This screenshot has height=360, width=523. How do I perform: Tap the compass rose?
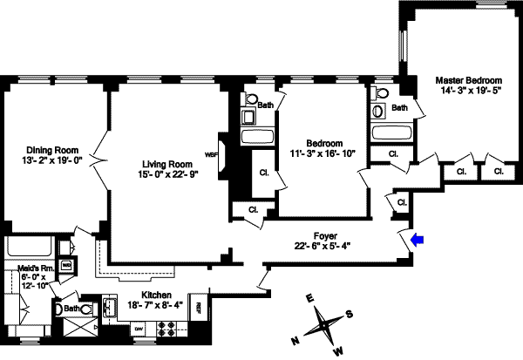(323, 323)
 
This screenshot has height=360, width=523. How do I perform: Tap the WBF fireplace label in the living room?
(210, 154)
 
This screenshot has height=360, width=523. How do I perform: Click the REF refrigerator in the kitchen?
(198, 307)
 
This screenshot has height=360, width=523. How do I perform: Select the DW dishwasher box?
(138, 329)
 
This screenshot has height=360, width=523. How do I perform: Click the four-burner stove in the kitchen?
(166, 329)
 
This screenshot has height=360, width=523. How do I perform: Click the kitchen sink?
(111, 307)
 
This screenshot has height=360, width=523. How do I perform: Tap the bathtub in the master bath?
(391, 133)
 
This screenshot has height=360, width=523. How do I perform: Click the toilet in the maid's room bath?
(58, 307)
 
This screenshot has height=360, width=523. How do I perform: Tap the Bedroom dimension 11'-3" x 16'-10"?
(323, 155)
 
